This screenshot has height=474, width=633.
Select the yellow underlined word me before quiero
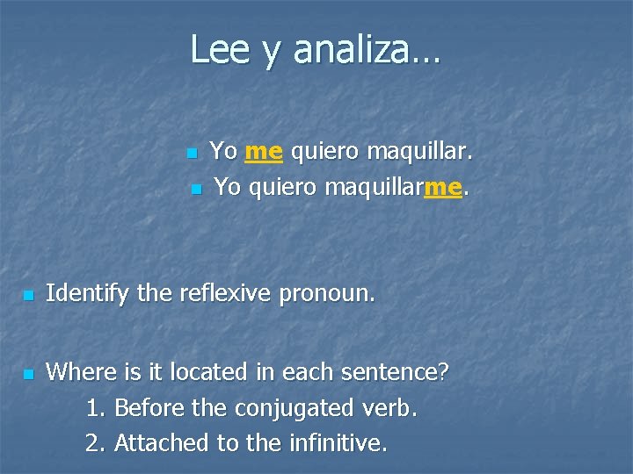[x=264, y=152]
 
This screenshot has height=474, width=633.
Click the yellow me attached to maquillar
[x=442, y=186]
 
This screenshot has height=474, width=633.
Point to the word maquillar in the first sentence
[x=419, y=152]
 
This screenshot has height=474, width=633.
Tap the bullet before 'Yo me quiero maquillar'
[x=192, y=154]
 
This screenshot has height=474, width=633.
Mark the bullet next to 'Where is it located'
[x=28, y=374]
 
